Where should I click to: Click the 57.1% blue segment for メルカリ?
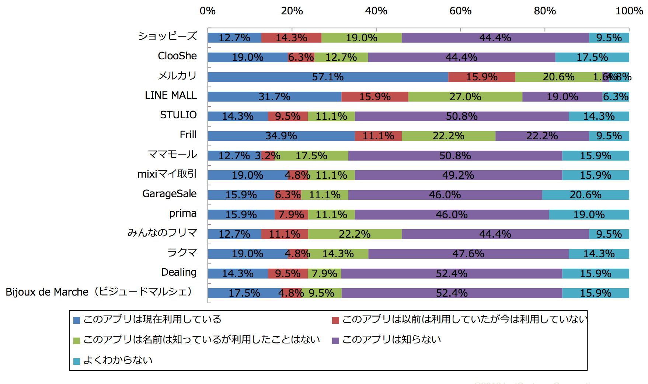point(328,77)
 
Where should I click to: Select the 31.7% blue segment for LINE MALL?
point(274,97)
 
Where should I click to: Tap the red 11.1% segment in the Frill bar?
point(378,136)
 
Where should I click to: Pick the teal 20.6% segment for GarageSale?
point(585,195)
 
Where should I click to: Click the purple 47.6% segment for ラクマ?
point(468,254)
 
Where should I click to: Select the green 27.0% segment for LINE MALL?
point(465,97)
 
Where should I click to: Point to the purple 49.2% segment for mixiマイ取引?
point(458,175)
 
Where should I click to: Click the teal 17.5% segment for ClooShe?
point(592,57)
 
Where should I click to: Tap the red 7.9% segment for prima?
point(291,214)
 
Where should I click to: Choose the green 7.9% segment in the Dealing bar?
point(324,273)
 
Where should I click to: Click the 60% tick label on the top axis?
point(460,11)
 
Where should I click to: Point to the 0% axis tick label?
point(208,11)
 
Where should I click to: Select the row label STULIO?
point(178,115)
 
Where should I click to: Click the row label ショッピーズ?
point(167,36)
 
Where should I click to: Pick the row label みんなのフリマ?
point(162,233)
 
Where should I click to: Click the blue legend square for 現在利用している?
point(77,320)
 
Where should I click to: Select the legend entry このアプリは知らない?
point(391,339)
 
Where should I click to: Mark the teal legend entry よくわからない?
point(118,360)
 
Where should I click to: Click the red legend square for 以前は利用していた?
point(335,320)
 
